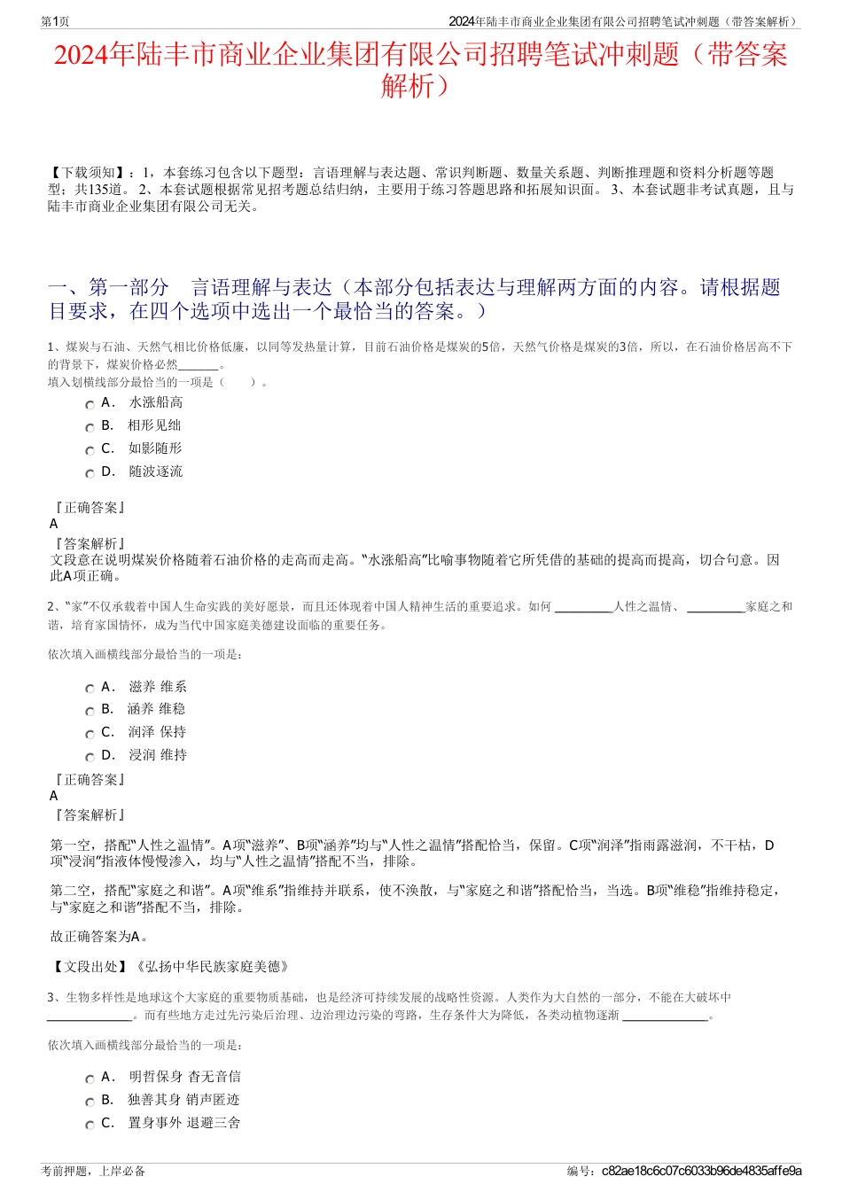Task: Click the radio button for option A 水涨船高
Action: pyautogui.click(x=90, y=404)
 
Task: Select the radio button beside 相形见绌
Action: pyautogui.click(x=90, y=427)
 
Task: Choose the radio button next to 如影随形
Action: pyautogui.click(x=90, y=450)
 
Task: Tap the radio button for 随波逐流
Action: pyautogui.click(x=90, y=473)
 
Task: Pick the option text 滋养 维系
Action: pyautogui.click(x=158, y=687)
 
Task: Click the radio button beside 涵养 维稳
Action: pyautogui.click(x=90, y=711)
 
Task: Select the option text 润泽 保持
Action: pyautogui.click(x=158, y=732)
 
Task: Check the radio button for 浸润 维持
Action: pyautogui.click(x=90, y=757)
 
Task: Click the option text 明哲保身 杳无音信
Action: pyautogui.click(x=184, y=1077)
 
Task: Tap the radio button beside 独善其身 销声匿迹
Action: pyautogui.click(x=90, y=1102)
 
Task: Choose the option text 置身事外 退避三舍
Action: pyautogui.click(x=184, y=1123)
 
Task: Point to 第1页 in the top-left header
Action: pyautogui.click(x=56, y=21)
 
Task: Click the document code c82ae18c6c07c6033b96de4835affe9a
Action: pyautogui.click(x=701, y=1171)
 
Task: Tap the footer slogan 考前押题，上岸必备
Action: pyautogui.click(x=93, y=1171)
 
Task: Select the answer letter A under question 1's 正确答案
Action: pyautogui.click(x=54, y=524)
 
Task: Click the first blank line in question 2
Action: pyautogui.click(x=583, y=608)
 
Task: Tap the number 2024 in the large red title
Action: pyautogui.click(x=81, y=55)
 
